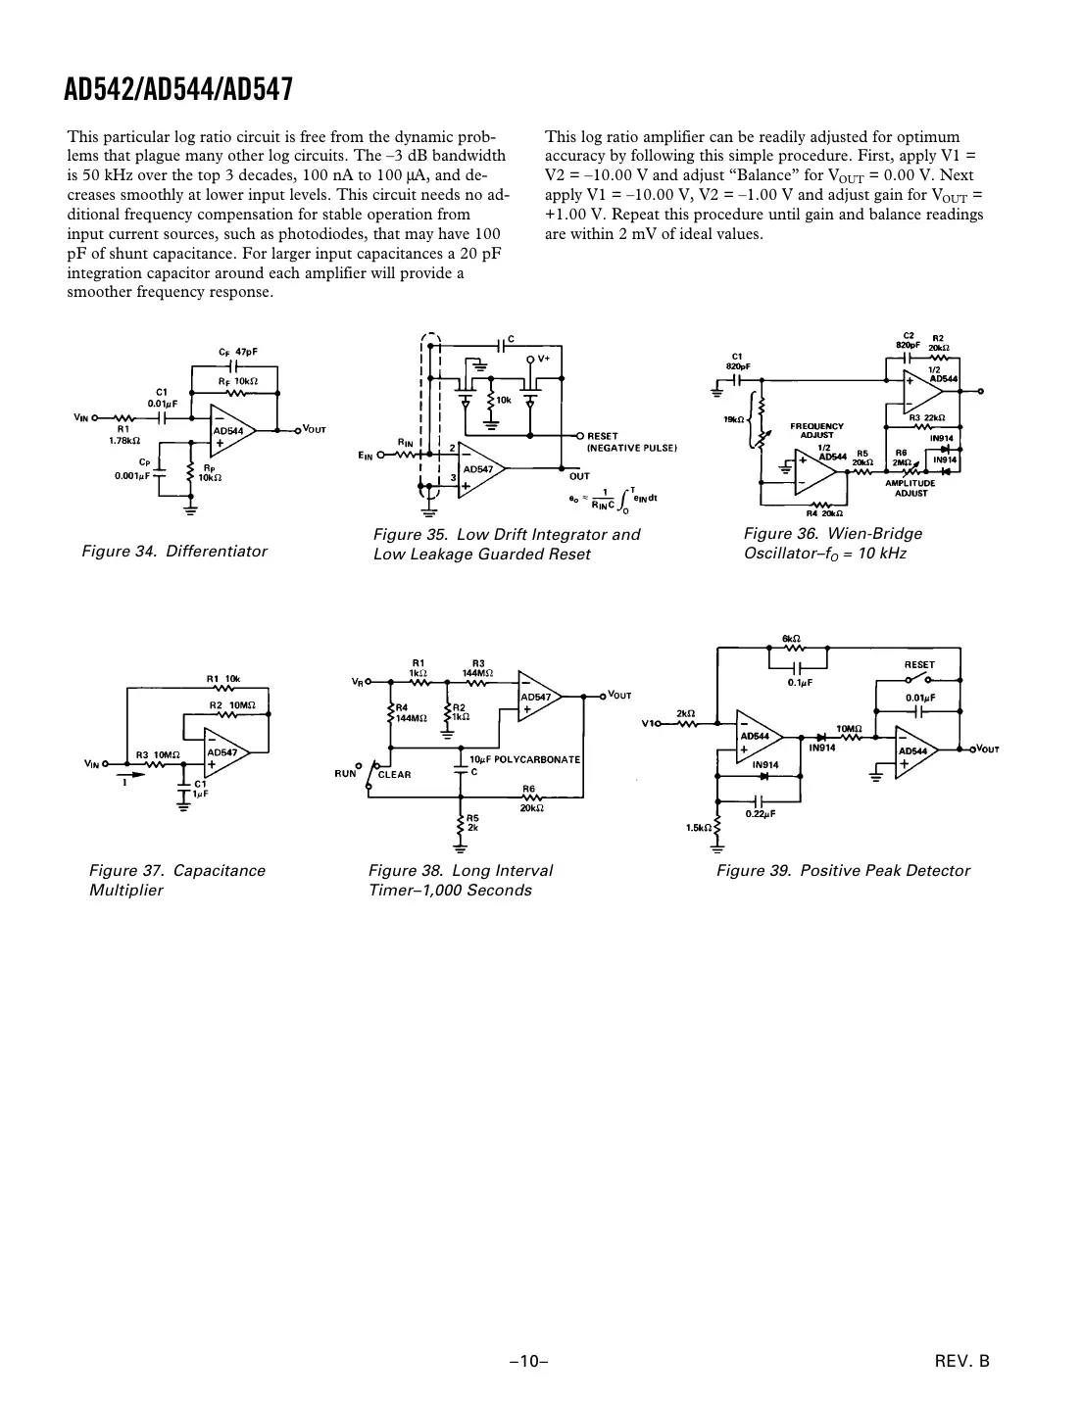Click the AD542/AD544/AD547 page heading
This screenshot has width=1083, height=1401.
178,90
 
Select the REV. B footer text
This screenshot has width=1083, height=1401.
962,1361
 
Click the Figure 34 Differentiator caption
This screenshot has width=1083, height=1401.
174,552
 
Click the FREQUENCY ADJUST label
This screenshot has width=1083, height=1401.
816,430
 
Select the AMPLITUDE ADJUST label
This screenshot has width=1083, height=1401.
911,487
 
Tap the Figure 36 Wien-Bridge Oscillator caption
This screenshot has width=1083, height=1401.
832,543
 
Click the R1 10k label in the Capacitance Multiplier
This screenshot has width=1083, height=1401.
222,678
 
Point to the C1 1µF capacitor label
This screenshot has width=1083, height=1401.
200,789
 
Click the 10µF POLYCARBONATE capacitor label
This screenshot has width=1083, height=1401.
524,759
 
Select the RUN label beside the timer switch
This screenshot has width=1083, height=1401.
345,773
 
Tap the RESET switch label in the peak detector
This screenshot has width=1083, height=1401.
918,664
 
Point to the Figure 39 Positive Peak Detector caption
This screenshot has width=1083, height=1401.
843,870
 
